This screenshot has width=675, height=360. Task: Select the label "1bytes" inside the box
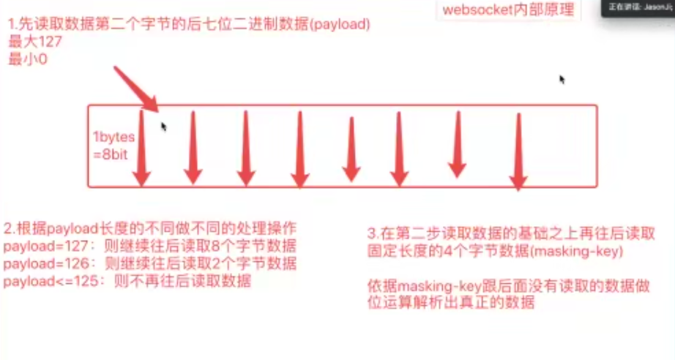click(x=113, y=136)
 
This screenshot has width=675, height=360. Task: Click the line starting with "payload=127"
click(x=150, y=245)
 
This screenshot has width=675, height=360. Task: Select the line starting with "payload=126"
click(x=150, y=263)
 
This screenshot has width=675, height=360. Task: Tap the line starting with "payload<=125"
click(x=128, y=281)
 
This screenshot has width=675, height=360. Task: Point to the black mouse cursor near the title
click(x=562, y=79)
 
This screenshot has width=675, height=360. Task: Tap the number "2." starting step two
click(x=10, y=227)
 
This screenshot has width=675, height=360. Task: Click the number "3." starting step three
click(x=373, y=235)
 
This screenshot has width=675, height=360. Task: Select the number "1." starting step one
click(x=12, y=26)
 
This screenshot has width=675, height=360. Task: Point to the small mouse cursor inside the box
click(x=164, y=126)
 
